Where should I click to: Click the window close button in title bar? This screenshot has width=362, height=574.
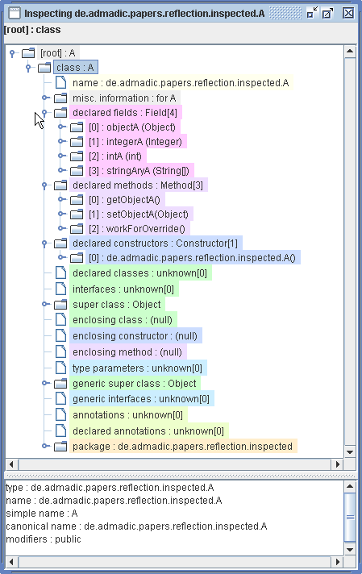tap(347, 13)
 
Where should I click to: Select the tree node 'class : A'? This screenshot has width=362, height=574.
tap(76, 68)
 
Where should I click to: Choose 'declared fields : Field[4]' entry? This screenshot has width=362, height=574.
tap(127, 113)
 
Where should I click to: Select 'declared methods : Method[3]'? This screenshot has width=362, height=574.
tap(139, 185)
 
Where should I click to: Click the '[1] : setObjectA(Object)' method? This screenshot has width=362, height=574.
tap(138, 214)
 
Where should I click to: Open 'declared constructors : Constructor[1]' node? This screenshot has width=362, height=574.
tap(156, 243)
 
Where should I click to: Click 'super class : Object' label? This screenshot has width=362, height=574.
tap(116, 305)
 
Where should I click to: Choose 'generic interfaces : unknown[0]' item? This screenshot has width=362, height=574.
tap(141, 398)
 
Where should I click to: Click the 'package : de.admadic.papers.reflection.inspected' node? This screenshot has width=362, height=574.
tap(182, 446)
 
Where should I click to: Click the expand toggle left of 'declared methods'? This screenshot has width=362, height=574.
tap(45, 185)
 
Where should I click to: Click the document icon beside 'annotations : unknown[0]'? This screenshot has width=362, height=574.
tap(60, 415)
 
